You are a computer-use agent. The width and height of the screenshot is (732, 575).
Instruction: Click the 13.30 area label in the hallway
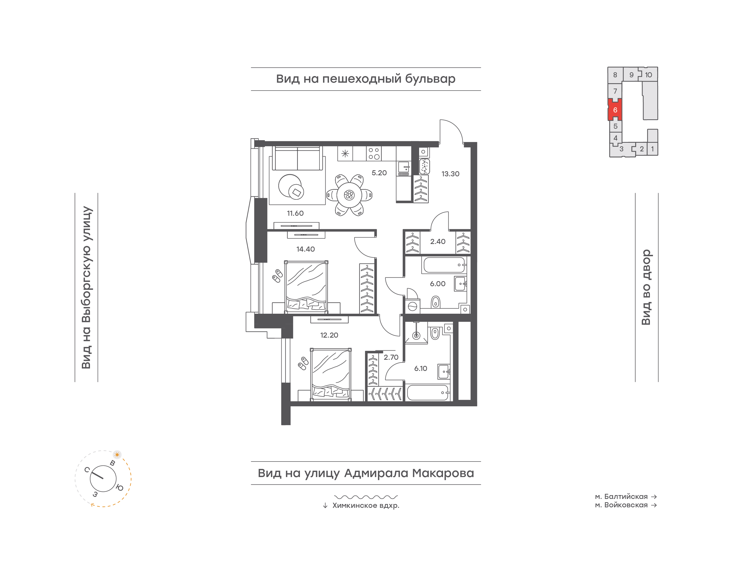tap(450, 174)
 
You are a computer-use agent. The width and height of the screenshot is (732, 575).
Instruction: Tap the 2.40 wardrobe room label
tap(437, 241)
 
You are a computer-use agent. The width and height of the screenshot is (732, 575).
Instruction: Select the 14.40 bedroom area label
tap(305, 249)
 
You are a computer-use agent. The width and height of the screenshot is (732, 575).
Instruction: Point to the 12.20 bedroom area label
tap(329, 335)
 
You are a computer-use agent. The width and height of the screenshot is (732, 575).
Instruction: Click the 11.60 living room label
tap(295, 213)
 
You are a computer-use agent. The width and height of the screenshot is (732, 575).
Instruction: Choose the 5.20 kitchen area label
tap(379, 173)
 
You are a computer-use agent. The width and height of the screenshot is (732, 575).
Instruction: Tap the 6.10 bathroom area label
tap(420, 368)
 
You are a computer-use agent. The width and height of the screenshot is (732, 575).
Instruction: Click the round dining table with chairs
tap(349, 195)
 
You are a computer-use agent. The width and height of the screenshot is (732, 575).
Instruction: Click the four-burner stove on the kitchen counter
tap(374, 153)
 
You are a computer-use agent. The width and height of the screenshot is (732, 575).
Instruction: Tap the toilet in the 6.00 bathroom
tap(435, 302)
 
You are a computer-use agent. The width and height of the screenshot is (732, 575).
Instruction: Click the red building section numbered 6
tap(615, 110)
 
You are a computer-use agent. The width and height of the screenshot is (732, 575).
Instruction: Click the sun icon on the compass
tap(117, 454)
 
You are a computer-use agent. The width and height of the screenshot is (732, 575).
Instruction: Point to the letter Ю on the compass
tap(119, 487)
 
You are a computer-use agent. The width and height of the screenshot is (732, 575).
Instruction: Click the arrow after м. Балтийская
tap(654, 497)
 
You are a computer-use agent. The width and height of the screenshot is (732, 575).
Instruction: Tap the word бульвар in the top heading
tap(430, 79)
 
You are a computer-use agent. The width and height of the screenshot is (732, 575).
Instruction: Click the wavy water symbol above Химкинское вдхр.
tap(366, 497)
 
